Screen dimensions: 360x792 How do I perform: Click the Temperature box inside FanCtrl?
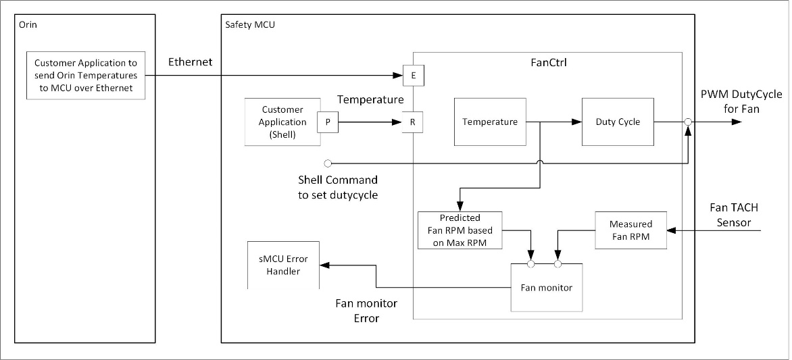(x=490, y=122)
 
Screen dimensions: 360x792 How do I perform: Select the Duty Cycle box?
(x=618, y=122)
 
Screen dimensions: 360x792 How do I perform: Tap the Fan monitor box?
(x=546, y=288)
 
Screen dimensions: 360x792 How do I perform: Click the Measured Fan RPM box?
(x=630, y=230)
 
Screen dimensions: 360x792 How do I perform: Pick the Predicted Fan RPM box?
(x=460, y=230)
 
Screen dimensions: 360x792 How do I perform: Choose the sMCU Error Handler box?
(x=283, y=265)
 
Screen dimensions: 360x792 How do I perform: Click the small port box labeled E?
(x=413, y=76)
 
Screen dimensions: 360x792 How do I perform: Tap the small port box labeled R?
(x=413, y=122)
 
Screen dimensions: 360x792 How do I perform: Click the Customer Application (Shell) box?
(x=282, y=122)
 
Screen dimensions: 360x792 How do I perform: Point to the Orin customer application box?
(x=86, y=76)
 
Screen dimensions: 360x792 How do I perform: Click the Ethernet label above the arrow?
(x=190, y=62)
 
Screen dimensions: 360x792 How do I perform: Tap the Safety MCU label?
(x=249, y=24)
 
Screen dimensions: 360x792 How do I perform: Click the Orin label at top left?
(x=28, y=24)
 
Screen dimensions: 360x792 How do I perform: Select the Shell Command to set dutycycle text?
(x=338, y=188)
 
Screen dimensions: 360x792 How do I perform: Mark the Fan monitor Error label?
(x=366, y=311)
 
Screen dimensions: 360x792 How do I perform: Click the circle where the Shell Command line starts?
(x=328, y=163)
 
